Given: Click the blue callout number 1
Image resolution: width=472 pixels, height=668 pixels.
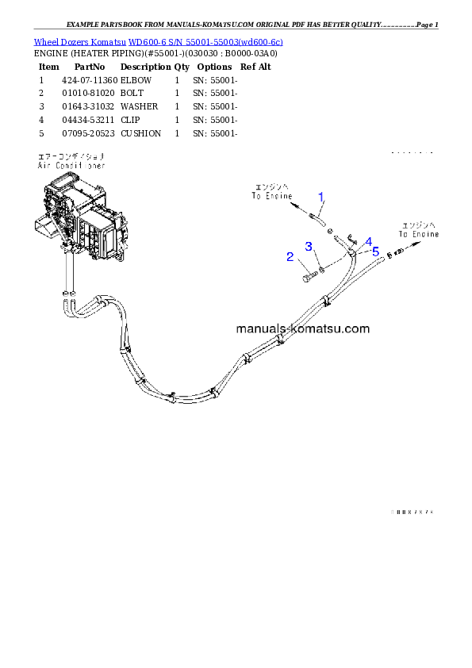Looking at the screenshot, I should click(321, 197).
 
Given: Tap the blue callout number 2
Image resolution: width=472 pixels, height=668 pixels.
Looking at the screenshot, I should click(290, 256).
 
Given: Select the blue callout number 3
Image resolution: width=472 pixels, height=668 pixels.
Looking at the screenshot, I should click(309, 247).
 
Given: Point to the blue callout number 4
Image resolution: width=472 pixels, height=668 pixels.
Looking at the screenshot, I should click(368, 242).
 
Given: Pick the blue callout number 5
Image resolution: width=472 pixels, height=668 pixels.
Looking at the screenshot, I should click(375, 250).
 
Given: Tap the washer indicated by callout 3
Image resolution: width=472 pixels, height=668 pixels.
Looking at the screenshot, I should click(321, 271).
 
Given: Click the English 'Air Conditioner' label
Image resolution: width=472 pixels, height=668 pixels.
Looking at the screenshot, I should click(71, 166).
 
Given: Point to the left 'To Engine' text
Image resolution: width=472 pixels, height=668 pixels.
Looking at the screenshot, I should click(272, 195).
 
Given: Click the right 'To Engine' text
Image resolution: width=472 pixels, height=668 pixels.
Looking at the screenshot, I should click(418, 234).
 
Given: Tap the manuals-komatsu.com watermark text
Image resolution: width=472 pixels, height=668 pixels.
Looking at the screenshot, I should click(302, 328).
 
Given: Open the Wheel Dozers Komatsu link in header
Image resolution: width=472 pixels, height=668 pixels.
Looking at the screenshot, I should click(158, 41).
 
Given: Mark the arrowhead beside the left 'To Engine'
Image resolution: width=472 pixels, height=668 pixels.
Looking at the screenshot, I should click(295, 205).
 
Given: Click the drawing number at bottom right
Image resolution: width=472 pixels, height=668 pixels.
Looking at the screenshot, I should click(412, 513).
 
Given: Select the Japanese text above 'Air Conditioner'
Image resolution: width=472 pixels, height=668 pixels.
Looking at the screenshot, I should click(71, 157).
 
